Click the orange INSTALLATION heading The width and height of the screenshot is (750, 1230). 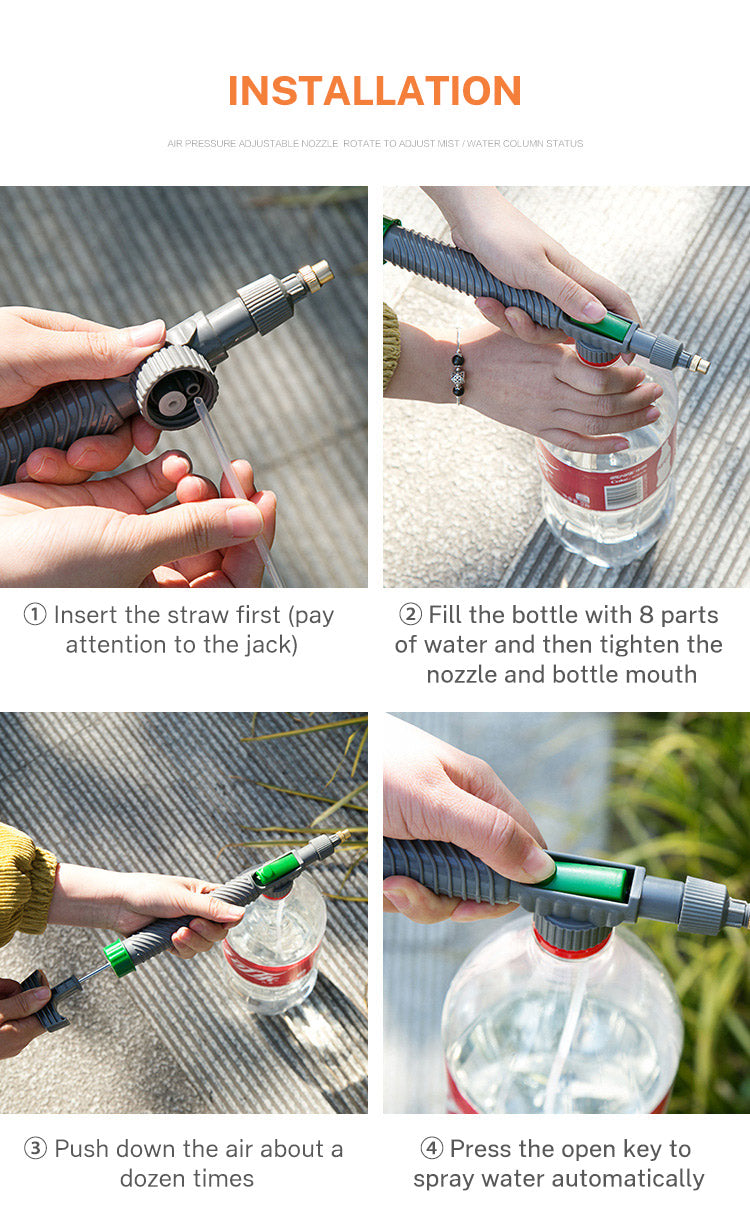pyautogui.click(x=374, y=91)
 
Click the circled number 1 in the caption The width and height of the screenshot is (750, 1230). pyautogui.click(x=35, y=615)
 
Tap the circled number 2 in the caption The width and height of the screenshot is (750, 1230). pyautogui.click(x=410, y=614)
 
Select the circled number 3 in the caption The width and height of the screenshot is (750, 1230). pyautogui.click(x=35, y=1149)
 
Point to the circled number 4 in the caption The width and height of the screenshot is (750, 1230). pyautogui.click(x=432, y=1149)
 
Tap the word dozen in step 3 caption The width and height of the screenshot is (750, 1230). pyautogui.click(x=156, y=1178)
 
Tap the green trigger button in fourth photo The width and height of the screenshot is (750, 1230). pyautogui.click(x=586, y=879)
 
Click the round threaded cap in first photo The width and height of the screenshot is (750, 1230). pyautogui.click(x=175, y=387)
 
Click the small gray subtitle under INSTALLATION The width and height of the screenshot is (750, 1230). pyautogui.click(x=374, y=144)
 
